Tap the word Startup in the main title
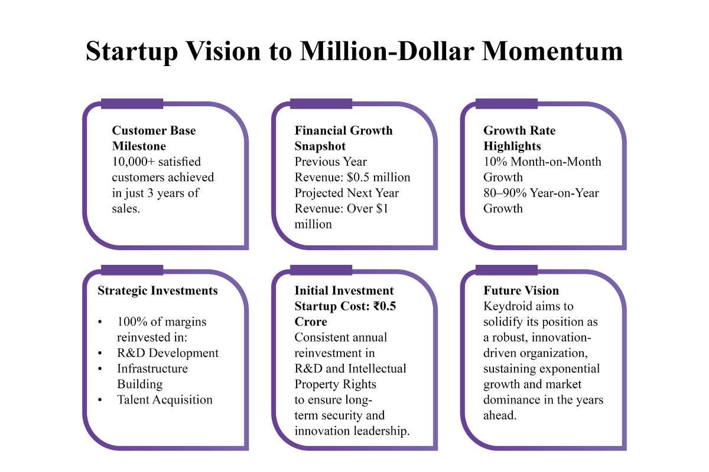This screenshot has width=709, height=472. (x=132, y=52)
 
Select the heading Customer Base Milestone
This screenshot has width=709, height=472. (x=154, y=138)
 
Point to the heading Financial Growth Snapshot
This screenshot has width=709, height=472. (x=343, y=138)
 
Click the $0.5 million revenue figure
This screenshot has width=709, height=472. (x=379, y=177)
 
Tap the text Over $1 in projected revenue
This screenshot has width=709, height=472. (x=367, y=208)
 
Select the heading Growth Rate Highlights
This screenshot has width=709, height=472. (x=519, y=138)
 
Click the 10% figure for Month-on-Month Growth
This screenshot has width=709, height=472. (x=495, y=162)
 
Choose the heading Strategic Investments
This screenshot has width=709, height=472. (x=158, y=291)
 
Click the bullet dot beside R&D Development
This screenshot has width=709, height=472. (x=100, y=353)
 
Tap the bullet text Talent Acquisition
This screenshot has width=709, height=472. (x=165, y=399)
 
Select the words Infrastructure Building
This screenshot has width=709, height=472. (x=152, y=376)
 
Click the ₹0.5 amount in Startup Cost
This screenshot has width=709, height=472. (x=385, y=306)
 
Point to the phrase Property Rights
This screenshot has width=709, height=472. (x=335, y=384)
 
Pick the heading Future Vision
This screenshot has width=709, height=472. (x=521, y=290)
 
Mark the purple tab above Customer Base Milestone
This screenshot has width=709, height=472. (x=132, y=104)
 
